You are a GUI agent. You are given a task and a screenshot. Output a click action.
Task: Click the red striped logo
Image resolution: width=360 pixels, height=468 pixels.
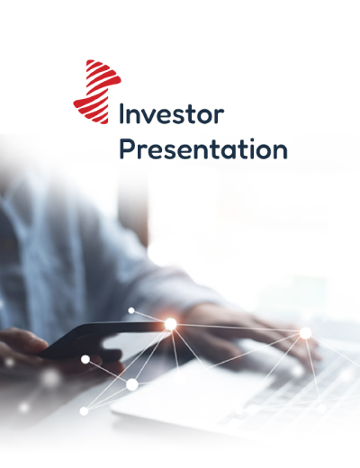pos(97,92)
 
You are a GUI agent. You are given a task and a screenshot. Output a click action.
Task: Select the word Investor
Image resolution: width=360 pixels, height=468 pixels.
pos(172,113)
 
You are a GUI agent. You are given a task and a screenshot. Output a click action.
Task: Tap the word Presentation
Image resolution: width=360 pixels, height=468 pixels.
pos(203,148)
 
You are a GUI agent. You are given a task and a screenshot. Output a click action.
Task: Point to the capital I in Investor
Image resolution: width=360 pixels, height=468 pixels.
pos(121,113)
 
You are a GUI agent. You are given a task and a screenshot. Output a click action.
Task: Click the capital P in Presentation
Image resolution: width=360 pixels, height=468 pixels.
pos(126,148)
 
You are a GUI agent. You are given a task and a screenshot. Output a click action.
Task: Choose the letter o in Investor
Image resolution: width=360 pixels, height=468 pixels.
pos(204,116)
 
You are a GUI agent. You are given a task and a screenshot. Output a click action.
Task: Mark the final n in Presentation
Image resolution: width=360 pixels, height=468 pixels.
pos(281,152)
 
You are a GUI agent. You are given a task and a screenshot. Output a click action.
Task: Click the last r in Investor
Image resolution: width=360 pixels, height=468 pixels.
pos(220,116)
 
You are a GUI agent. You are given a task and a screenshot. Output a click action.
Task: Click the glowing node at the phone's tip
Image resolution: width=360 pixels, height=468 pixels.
pos(170,324)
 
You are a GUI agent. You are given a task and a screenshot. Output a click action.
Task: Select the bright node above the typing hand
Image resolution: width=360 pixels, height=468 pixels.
pos(305,333)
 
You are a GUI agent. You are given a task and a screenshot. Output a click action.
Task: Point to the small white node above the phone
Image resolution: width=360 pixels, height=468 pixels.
pos(131,310)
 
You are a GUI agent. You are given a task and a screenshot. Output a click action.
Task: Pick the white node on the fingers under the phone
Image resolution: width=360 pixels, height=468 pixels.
pos(85,359)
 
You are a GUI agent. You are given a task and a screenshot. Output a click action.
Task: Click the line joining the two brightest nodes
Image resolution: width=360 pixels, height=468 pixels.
pos(238,328)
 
